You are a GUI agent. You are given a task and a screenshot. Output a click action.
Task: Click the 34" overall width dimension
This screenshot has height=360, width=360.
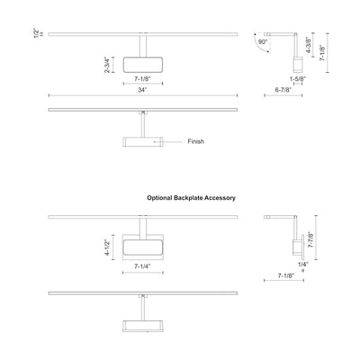[x=142, y=90]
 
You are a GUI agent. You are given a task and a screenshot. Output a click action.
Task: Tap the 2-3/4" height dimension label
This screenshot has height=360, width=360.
[x=107, y=65]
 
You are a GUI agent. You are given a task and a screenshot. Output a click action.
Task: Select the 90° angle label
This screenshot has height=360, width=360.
[x=263, y=42]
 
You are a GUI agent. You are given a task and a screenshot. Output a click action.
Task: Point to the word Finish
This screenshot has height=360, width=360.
[x=196, y=141]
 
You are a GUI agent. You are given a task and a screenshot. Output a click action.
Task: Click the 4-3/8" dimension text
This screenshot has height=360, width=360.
[x=308, y=45]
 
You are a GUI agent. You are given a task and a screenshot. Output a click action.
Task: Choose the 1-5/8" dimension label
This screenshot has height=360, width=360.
[x=297, y=79]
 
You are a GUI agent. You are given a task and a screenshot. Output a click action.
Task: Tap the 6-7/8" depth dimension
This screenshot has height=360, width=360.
[x=283, y=90]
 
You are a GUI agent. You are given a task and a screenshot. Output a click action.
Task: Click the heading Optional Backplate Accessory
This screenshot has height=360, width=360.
[x=191, y=198]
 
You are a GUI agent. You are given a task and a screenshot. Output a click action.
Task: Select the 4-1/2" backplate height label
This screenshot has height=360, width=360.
[x=107, y=247]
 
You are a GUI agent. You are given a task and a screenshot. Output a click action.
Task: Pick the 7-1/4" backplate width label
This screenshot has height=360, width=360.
[x=142, y=266]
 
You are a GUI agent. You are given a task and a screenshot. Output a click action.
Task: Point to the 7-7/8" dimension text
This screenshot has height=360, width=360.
[x=311, y=239]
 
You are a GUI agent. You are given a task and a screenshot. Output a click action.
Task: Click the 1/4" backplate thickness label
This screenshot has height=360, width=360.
[x=303, y=264]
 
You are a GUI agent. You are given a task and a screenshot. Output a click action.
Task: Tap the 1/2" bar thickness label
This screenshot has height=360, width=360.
[x=37, y=33]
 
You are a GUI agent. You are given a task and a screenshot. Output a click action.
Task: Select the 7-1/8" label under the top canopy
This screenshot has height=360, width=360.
[x=142, y=79]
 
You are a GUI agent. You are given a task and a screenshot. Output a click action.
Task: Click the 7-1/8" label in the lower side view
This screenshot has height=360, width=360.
[x=286, y=275]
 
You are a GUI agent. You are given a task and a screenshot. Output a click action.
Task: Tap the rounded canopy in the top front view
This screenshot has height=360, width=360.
[x=143, y=65]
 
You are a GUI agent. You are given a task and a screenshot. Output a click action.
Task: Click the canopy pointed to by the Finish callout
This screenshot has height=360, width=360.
[x=143, y=141]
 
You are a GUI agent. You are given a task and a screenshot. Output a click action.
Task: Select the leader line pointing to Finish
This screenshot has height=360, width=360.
[x=168, y=141]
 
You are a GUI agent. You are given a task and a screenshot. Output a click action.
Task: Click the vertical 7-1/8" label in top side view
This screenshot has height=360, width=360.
[x=322, y=53]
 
